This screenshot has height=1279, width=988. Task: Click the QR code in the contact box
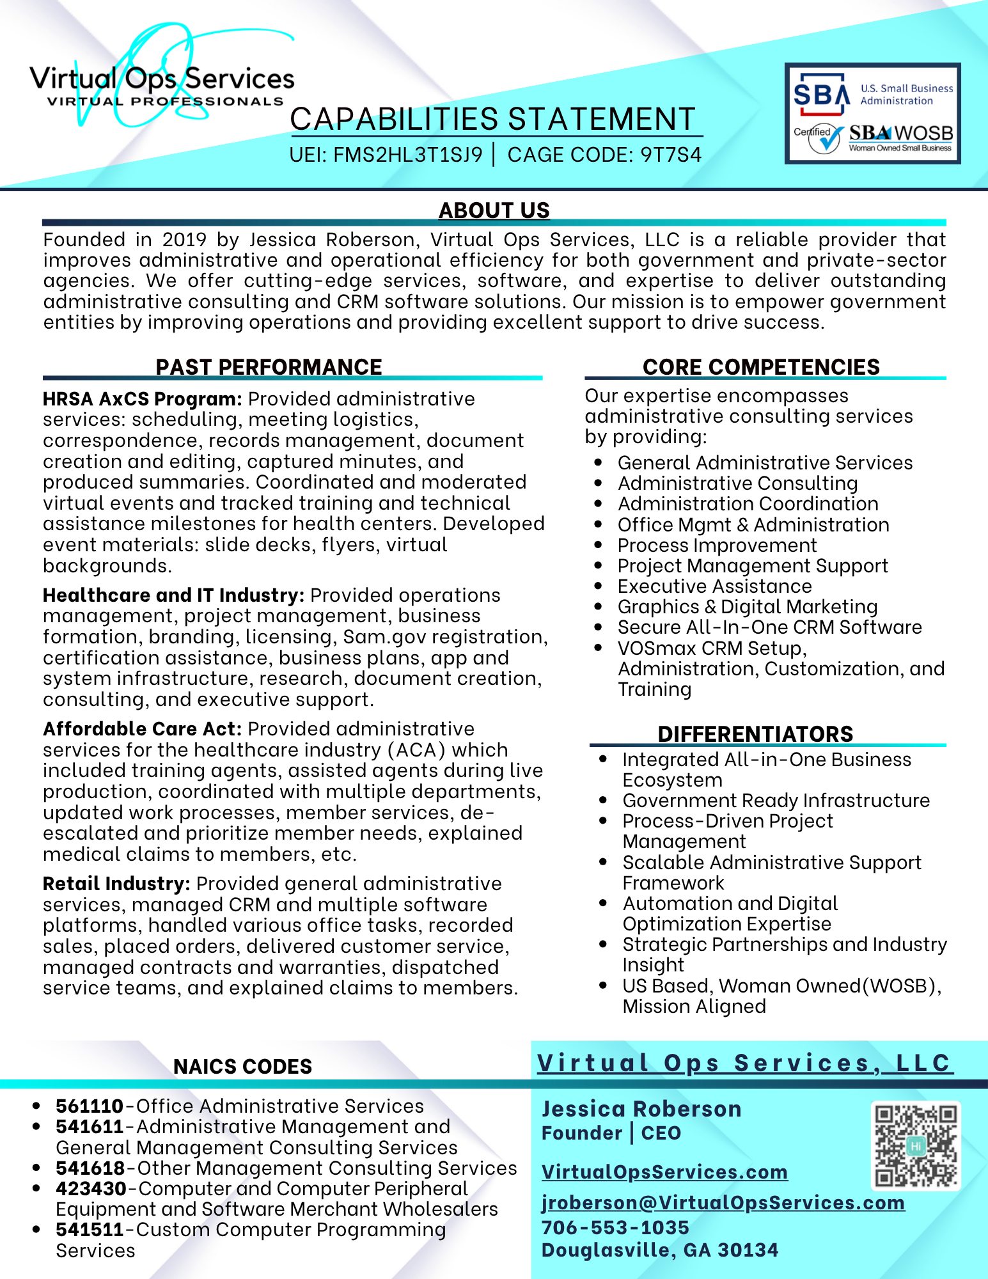point(916,1145)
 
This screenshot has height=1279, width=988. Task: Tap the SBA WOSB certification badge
point(873,113)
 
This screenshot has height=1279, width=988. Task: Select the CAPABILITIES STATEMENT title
point(493,120)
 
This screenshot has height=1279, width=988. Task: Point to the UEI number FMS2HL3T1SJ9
point(408,155)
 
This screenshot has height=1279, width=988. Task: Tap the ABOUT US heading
point(494,210)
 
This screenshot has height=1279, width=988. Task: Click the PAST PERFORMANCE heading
point(269,367)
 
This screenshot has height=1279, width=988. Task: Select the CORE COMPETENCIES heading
point(761,367)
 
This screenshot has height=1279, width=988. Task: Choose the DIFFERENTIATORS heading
point(755,734)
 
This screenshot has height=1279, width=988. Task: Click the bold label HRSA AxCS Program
point(142,399)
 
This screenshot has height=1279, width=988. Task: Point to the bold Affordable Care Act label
point(142,729)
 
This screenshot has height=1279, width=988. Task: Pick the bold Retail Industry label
point(116,884)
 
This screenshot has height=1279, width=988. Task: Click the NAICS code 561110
point(90,1106)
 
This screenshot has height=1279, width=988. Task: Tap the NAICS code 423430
point(91,1188)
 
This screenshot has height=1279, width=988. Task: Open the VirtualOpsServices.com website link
point(664,1172)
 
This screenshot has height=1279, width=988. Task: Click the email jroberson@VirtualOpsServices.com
point(723,1202)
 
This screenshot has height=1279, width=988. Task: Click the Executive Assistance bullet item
point(714,586)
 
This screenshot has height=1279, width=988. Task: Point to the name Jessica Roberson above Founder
point(641,1109)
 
